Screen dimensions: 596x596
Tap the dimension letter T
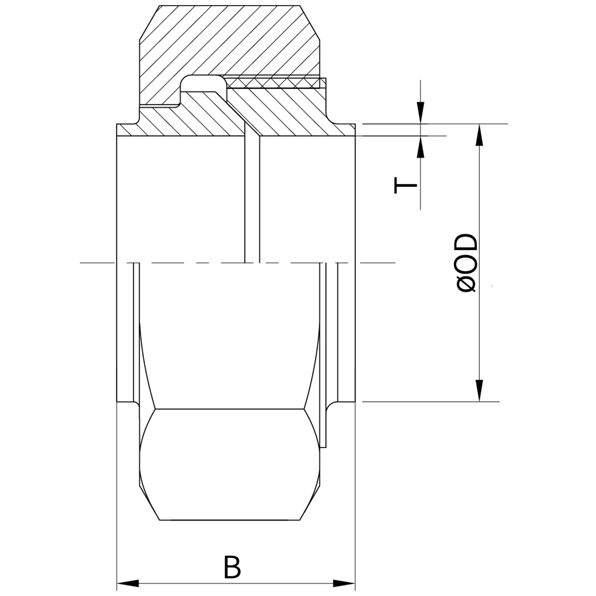405,185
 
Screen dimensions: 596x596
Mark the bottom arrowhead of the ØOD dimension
479,390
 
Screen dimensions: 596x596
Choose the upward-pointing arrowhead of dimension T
421,147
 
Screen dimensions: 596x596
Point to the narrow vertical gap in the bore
252,197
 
